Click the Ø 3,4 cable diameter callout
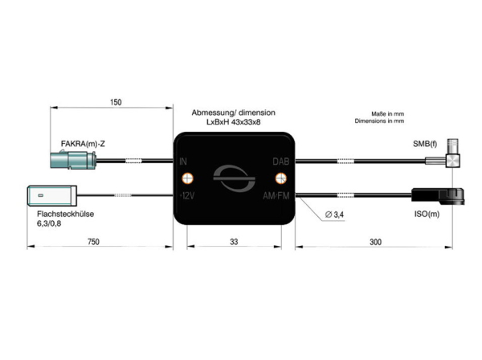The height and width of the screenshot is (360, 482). point(335,215)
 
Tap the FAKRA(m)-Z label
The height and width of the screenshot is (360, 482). point(83,144)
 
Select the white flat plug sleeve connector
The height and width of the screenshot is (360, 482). point(51,194)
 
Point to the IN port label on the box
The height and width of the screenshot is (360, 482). point(185,161)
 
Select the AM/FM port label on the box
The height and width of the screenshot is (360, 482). point(276,195)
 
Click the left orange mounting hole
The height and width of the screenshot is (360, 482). point(188,178)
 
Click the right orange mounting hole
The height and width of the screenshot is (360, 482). point(280,178)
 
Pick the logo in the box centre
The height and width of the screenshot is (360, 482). point(234,178)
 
